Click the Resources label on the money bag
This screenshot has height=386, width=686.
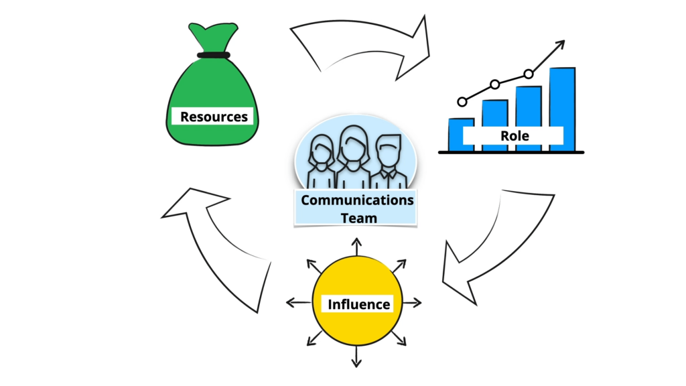[214, 117]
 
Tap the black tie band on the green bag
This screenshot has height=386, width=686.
[213, 55]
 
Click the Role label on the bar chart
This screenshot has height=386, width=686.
[514, 136]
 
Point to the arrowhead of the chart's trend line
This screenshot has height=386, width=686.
[559, 44]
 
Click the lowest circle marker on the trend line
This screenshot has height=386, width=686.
[462, 102]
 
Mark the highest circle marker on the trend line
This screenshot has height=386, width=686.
[529, 74]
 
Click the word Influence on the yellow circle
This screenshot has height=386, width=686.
[358, 304]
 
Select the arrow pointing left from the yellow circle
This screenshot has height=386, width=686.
[298, 303]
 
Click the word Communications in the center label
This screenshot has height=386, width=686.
[357, 200]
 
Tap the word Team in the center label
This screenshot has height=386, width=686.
[358, 217]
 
